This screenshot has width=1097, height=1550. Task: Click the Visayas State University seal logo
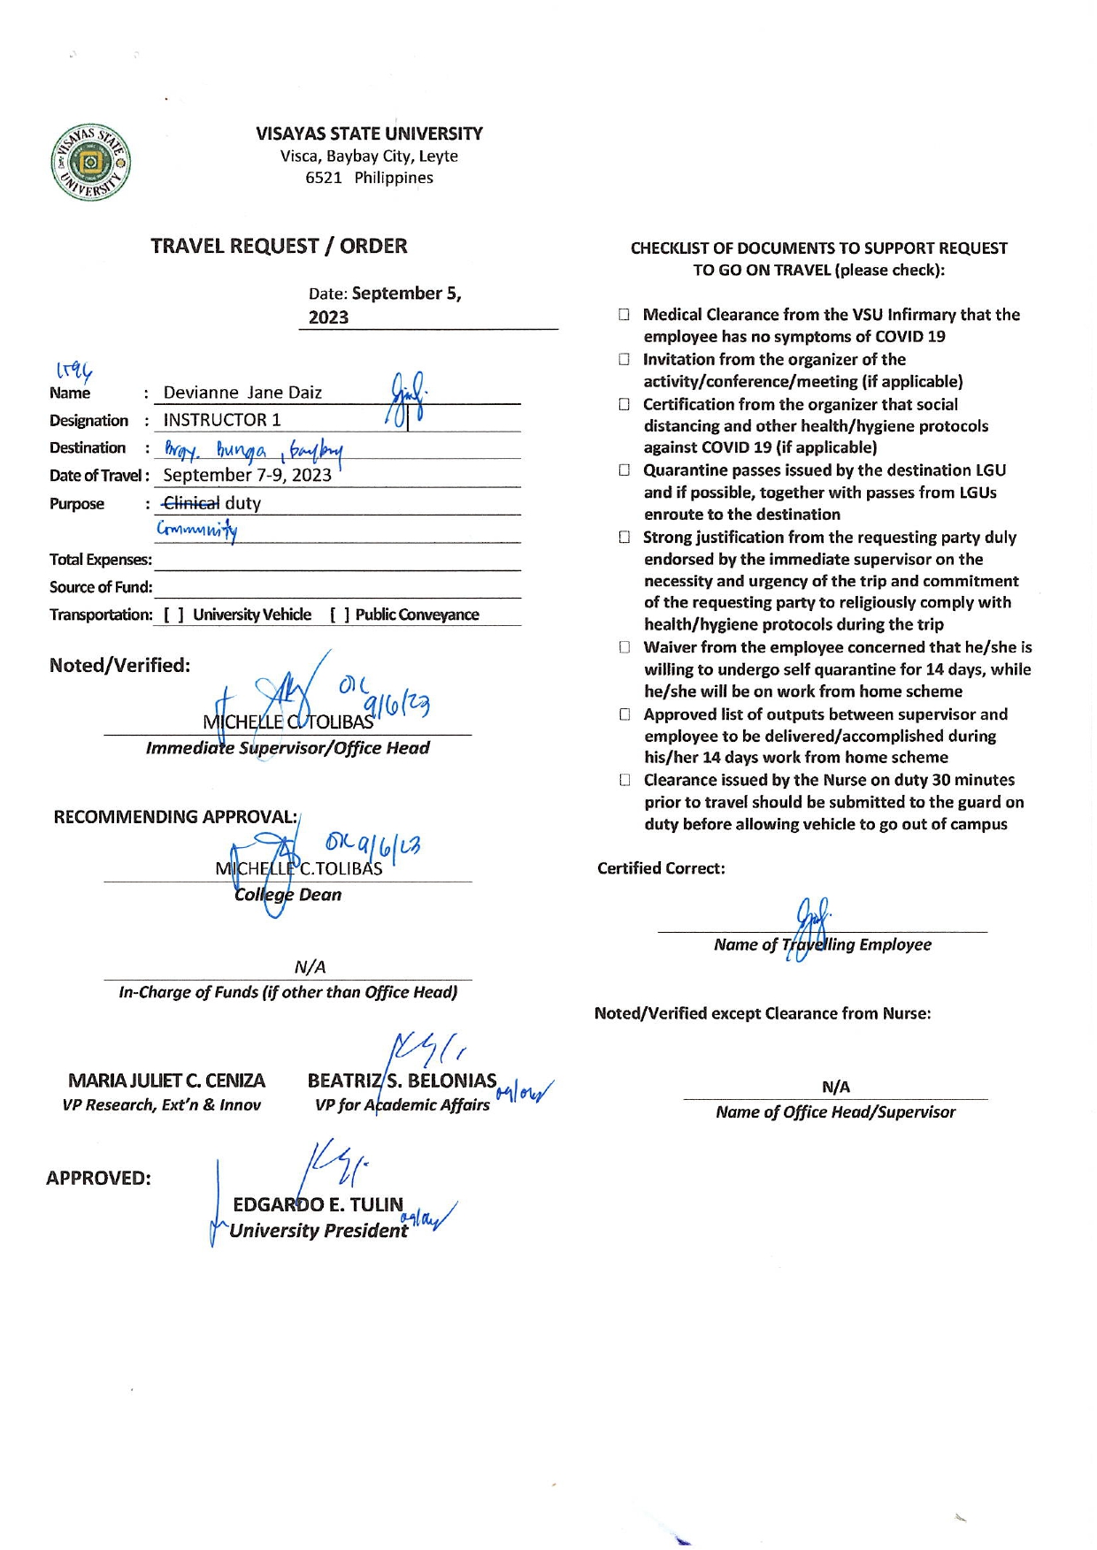tap(90, 163)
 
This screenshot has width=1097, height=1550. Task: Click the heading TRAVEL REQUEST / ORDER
tap(279, 246)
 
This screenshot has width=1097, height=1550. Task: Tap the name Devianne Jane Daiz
tap(242, 393)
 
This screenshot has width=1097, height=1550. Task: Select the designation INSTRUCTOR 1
tap(222, 420)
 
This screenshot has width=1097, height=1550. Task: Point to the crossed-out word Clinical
tap(191, 503)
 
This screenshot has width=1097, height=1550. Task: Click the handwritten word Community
tap(196, 531)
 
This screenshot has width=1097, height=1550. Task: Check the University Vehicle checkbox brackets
tap(173, 615)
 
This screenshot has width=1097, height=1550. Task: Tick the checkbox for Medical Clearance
tap(625, 315)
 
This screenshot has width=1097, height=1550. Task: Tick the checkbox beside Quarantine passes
tap(625, 470)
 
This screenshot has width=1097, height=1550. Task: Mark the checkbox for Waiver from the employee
tap(625, 647)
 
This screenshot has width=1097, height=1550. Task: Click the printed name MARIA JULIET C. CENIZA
tap(166, 1080)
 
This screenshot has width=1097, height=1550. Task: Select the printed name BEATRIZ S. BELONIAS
tap(402, 1080)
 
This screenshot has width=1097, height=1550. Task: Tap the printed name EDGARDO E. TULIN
tap(318, 1204)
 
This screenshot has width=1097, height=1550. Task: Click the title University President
tap(318, 1231)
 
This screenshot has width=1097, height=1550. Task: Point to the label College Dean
tap(288, 895)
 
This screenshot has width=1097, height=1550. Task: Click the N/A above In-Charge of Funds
tap(310, 966)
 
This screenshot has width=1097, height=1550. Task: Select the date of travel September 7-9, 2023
tap(247, 475)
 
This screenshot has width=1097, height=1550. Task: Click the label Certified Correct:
tap(661, 868)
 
